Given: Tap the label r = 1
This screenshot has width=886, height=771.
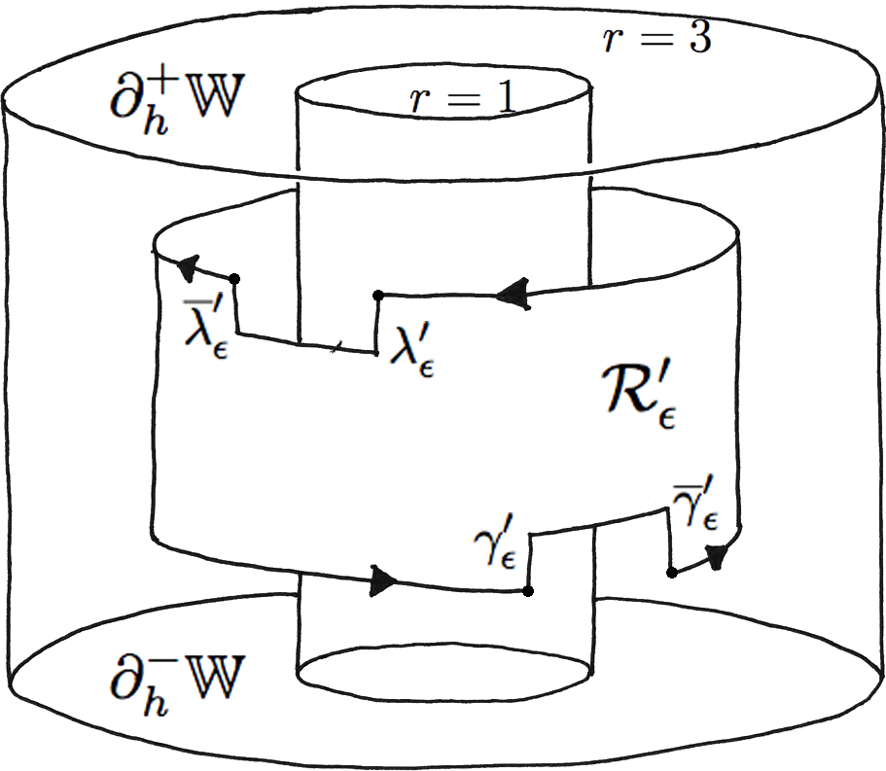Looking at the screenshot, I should point(460,100).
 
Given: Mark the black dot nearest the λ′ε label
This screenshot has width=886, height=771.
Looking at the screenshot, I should point(378,295).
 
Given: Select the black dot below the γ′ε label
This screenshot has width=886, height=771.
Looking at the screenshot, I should point(527,590).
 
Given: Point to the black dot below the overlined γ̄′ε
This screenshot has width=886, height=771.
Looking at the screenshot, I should point(672,573).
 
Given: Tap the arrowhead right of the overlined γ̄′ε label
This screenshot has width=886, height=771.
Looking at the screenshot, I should point(718,556).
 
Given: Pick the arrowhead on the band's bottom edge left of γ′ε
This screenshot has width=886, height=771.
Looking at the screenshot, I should point(385,581).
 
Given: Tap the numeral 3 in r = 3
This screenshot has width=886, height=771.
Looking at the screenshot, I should point(698,39).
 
